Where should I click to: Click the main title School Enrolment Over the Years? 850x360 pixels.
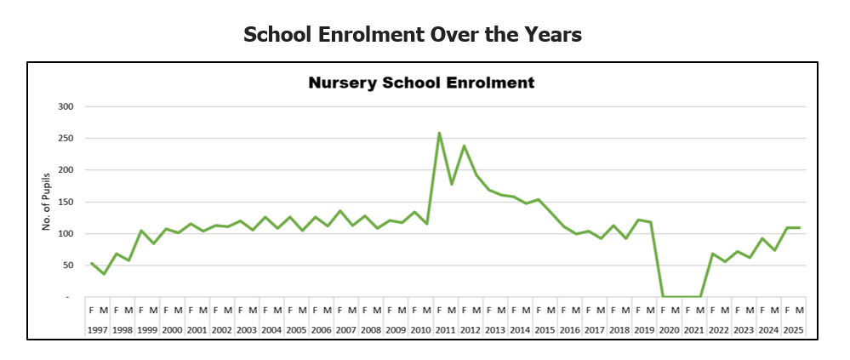413,34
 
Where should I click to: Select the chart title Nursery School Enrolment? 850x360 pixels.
421,83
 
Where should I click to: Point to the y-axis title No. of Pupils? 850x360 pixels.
48,202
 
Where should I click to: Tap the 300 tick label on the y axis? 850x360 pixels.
66,106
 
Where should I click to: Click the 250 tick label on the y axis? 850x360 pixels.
66,139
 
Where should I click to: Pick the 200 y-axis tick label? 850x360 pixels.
66,170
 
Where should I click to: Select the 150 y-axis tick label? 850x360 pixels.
66,203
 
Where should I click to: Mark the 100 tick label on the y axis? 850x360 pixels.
66,234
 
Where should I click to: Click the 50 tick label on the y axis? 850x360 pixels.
68,266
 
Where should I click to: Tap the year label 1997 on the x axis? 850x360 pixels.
97,329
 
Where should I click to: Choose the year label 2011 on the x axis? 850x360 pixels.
445,329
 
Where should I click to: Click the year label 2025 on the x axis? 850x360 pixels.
792,329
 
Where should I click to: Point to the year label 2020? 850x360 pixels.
668,329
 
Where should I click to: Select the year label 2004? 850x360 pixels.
271,329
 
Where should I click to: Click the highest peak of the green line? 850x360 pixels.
439,133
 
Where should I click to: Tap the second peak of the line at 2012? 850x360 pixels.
464,146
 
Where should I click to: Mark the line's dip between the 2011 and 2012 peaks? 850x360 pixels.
451,184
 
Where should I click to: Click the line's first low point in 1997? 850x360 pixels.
104,274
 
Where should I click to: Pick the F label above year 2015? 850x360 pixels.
538,310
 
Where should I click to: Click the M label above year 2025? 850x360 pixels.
799,310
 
